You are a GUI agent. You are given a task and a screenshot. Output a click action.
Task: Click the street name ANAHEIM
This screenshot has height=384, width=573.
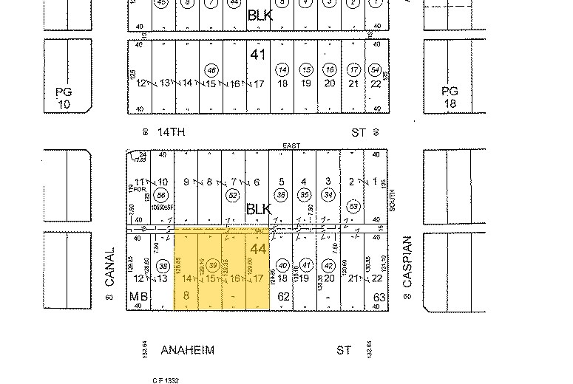(187, 351)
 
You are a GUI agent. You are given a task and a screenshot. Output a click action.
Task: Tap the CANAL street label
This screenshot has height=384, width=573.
(110, 268)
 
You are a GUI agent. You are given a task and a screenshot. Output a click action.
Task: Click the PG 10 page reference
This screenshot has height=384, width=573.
(63, 97)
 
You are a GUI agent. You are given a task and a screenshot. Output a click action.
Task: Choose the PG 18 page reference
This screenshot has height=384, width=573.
(450, 97)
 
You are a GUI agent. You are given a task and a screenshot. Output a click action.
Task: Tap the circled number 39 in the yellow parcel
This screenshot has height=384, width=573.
(213, 266)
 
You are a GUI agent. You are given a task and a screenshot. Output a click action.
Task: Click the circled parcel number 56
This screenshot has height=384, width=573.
(158, 195)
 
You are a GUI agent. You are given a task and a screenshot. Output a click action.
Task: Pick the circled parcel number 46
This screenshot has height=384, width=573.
(212, 70)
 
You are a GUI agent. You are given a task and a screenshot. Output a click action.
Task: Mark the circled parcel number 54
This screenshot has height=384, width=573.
(376, 70)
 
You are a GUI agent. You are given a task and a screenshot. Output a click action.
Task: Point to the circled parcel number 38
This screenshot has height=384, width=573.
(163, 266)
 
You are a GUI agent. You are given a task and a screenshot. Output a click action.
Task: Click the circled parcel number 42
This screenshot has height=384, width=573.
(329, 266)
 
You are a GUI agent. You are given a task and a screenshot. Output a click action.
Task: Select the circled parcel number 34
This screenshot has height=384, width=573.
(328, 195)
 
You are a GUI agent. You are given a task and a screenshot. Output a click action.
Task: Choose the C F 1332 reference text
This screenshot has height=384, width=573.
(166, 380)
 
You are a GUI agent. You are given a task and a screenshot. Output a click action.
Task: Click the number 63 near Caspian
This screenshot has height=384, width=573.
(380, 297)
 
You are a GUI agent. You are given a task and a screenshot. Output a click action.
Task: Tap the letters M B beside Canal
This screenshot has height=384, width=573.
(139, 297)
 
